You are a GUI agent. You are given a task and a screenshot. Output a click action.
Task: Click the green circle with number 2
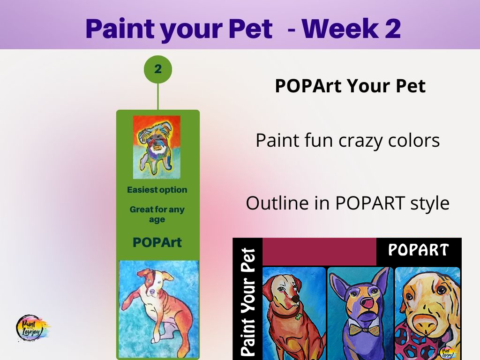tap(158, 69)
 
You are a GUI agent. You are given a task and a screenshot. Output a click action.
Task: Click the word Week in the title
tap(339, 29)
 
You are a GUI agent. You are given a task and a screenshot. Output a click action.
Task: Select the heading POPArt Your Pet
tap(350, 86)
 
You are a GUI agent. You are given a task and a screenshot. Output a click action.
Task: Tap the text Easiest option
tap(157, 190)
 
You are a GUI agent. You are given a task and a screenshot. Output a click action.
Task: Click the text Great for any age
tap(157, 214)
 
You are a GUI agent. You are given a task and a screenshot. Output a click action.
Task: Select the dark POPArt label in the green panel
tap(157, 242)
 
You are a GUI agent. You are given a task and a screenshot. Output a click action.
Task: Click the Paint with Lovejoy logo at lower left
tap(32, 328)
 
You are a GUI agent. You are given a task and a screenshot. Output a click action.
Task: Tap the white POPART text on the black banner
tap(419, 250)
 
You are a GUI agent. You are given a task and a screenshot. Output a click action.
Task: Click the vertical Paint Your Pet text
tap(248, 302)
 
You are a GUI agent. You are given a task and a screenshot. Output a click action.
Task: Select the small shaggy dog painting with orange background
tap(157, 147)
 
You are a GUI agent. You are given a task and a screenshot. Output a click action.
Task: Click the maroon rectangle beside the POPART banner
tap(319, 252)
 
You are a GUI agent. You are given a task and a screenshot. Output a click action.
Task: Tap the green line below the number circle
tap(158, 97)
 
